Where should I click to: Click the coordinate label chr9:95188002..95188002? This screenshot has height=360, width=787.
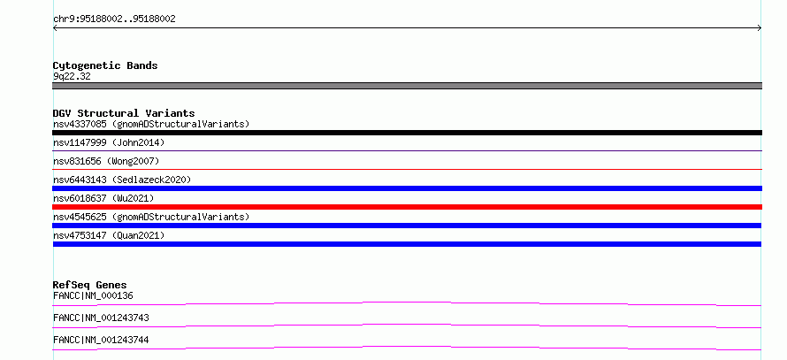[114, 19]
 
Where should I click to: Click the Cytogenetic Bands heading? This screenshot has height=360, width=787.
[105, 65]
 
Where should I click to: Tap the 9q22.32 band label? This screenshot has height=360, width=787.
[72, 77]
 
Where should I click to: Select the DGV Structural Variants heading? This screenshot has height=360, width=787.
[124, 113]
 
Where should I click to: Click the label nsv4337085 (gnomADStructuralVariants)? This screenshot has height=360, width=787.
[151, 124]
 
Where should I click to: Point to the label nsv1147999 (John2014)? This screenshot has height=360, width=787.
[109, 142]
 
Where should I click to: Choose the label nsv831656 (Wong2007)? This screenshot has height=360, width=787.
[106, 161]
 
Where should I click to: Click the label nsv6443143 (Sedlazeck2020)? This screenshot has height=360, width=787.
[122, 180]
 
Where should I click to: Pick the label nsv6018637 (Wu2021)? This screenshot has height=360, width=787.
[103, 198]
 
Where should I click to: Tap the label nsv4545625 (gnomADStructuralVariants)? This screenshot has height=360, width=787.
[151, 217]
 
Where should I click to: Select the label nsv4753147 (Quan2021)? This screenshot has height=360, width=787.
[109, 235]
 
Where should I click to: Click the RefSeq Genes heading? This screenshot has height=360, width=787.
[90, 285]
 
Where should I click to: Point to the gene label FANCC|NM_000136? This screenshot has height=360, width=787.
[93, 295]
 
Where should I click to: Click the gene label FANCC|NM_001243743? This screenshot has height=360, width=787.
[101, 318]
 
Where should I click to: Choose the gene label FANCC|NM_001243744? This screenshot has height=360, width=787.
[101, 340]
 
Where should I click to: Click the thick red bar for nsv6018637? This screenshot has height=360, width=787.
[407, 207]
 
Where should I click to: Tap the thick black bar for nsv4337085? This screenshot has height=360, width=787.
[407, 133]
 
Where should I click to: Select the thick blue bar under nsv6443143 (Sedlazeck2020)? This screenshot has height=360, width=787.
[407, 188]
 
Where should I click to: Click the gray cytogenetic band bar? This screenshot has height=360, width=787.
[407, 86]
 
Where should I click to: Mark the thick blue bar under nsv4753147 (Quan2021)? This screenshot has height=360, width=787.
[407, 244]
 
